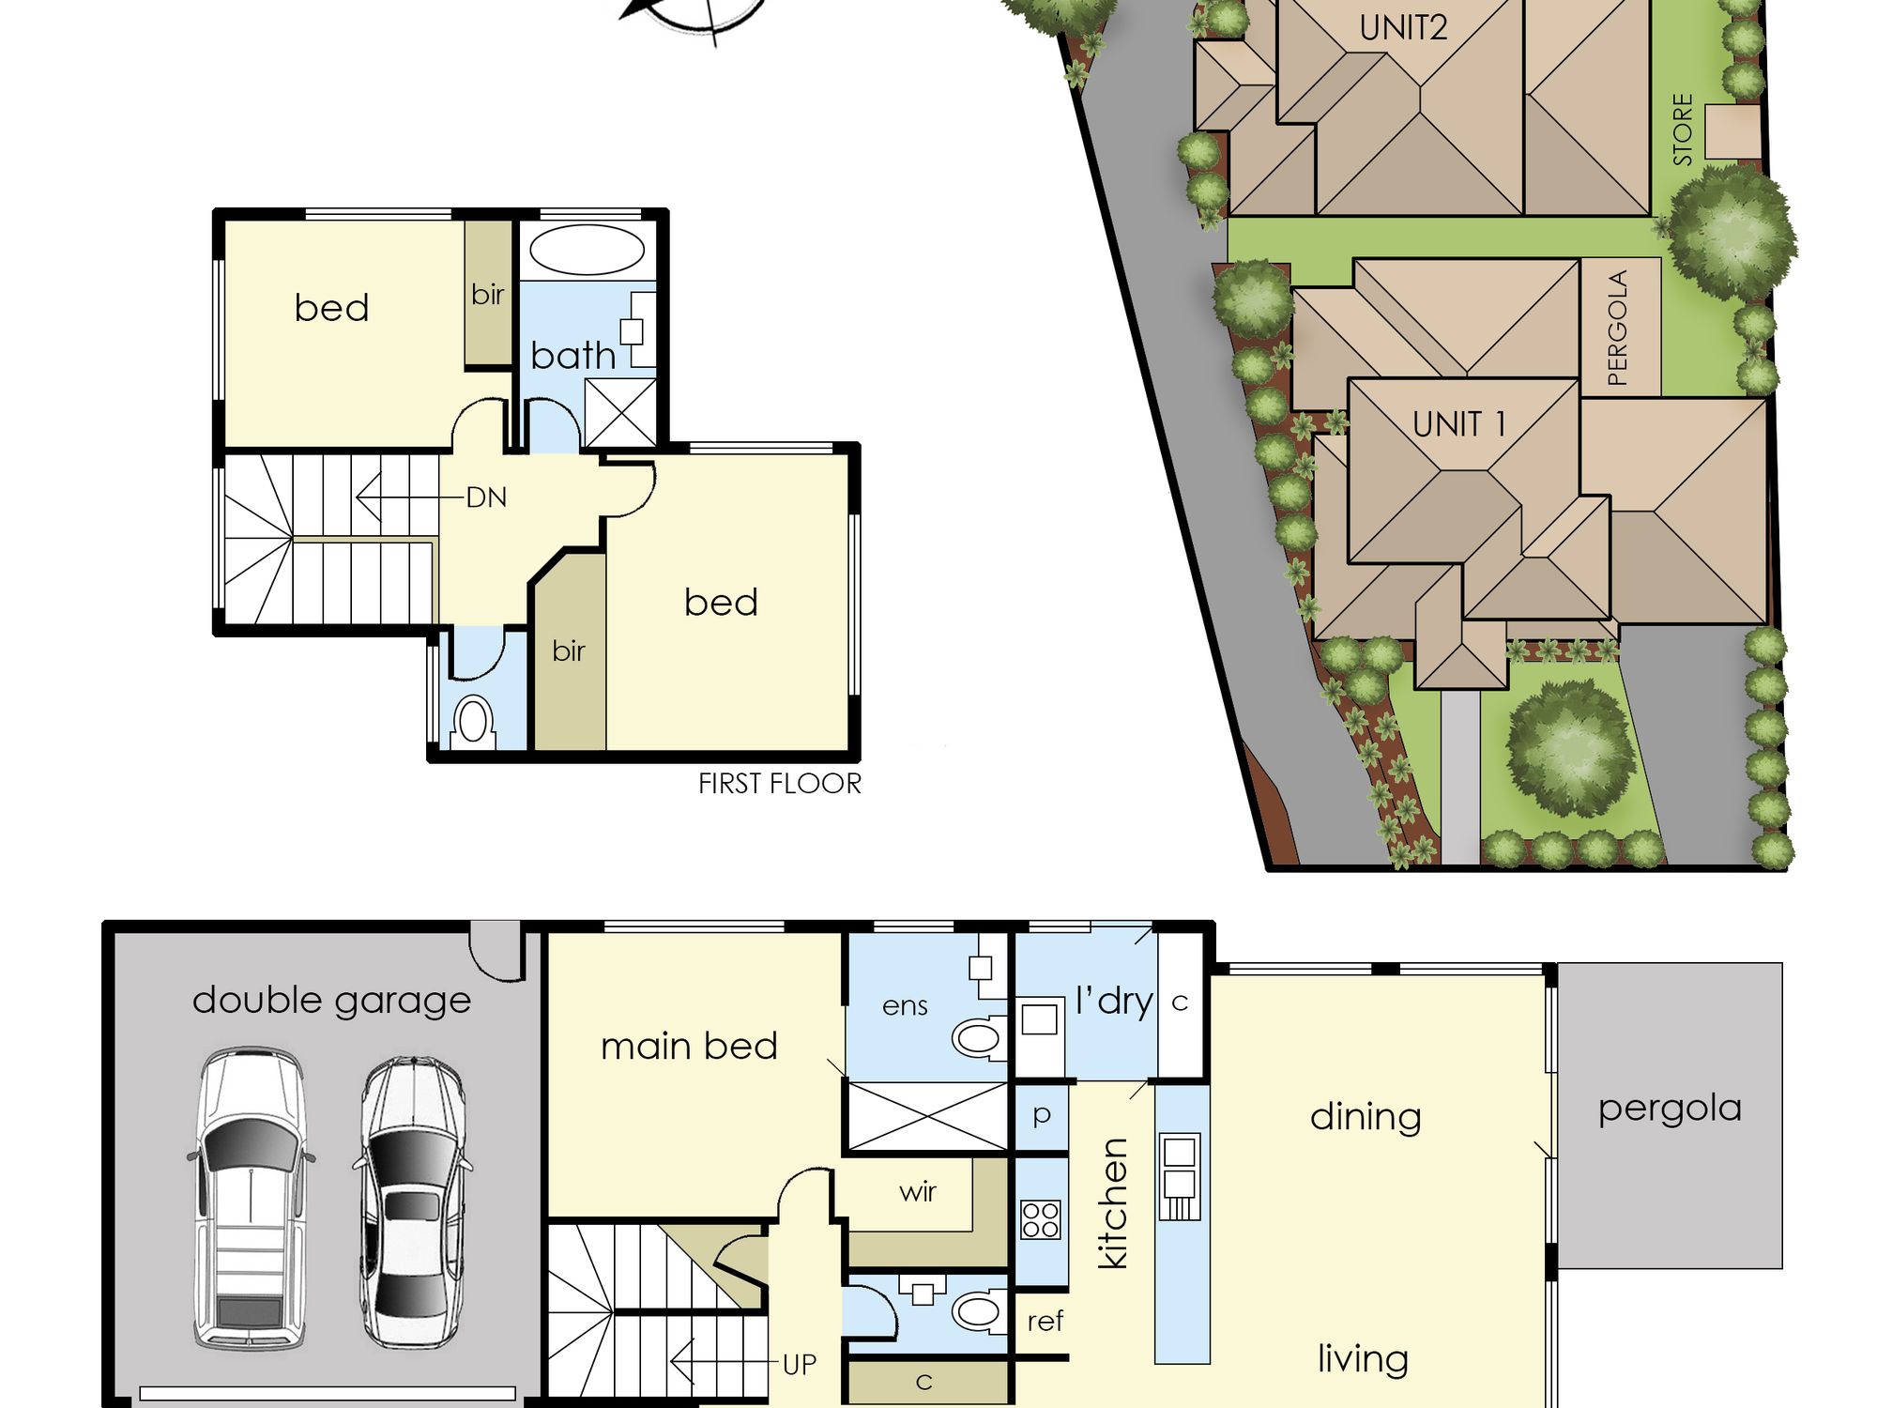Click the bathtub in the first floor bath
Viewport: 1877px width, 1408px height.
tap(587, 251)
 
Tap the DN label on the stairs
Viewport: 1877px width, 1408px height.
tap(486, 497)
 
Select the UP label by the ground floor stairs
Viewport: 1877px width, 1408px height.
tap(800, 1364)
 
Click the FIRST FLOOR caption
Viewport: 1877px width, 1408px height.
tap(779, 784)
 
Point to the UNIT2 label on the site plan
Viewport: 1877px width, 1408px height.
tap(1403, 28)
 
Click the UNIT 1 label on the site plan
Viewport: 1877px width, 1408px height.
tap(1459, 424)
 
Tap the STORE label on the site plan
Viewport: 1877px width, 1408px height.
tap(1683, 130)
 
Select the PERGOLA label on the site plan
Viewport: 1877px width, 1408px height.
tap(1617, 328)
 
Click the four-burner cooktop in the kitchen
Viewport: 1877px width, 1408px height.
tap(1040, 1219)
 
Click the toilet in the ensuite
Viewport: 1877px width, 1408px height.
tap(980, 1037)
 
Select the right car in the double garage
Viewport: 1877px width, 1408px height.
tap(412, 1201)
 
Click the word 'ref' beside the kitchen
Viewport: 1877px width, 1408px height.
tap(1045, 1322)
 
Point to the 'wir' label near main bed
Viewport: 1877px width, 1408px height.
tap(917, 1192)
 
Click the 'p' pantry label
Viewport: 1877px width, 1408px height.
tap(1041, 1115)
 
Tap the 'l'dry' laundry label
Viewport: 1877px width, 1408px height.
tap(1114, 1002)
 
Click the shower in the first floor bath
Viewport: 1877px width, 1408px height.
tap(620, 412)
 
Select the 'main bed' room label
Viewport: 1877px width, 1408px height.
tap(689, 1046)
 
